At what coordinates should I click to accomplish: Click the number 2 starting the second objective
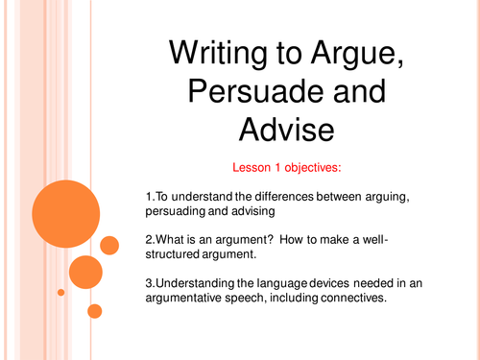pyautogui.click(x=137, y=245)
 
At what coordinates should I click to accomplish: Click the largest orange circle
pyautogui.click(x=64, y=211)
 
